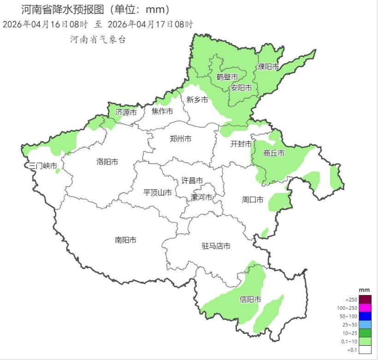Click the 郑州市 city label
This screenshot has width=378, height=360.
(x=180, y=139)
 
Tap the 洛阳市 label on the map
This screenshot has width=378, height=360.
(x=107, y=162)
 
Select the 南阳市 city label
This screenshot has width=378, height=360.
(x=125, y=240)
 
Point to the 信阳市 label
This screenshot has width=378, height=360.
(x=250, y=300)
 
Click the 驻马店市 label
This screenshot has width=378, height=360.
(x=216, y=246)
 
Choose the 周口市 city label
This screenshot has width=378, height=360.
(x=253, y=200)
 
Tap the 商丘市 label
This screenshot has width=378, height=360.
(x=274, y=153)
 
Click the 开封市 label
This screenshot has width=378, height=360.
(x=241, y=144)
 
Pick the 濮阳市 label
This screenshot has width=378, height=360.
(x=269, y=67)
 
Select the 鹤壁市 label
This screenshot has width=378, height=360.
(x=227, y=77)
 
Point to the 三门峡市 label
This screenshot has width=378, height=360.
(x=43, y=166)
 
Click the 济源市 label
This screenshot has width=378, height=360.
(x=126, y=112)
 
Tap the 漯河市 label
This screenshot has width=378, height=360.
(x=202, y=197)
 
